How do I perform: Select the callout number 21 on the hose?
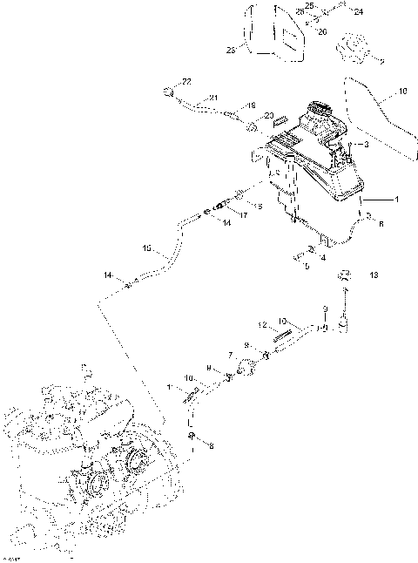[x=213, y=97]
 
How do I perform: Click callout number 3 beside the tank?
[x=366, y=144]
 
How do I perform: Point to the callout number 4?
[x=323, y=258]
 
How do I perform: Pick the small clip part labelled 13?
[x=345, y=275]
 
